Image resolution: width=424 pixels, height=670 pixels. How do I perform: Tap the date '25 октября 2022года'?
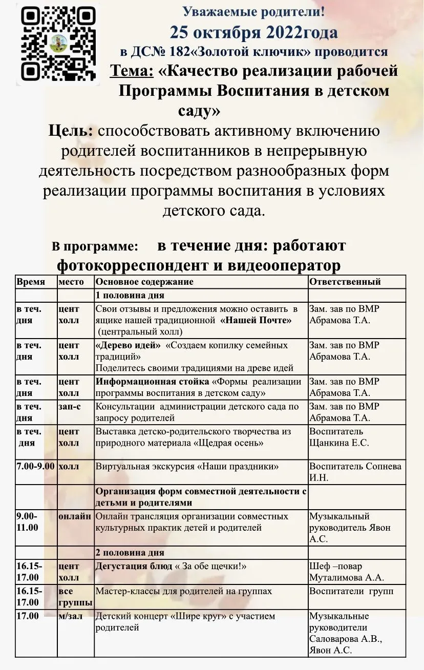click(x=254, y=32)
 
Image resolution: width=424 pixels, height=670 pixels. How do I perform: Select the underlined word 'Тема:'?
click(x=132, y=70)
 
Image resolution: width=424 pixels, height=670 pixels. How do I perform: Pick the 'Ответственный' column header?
click(x=345, y=282)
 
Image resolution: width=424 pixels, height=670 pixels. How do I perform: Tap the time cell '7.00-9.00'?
click(x=36, y=467)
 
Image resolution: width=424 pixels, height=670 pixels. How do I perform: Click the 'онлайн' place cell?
click(x=75, y=516)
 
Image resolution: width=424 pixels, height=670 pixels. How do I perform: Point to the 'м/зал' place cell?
click(x=70, y=616)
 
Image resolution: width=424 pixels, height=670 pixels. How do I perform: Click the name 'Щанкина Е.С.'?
click(x=339, y=443)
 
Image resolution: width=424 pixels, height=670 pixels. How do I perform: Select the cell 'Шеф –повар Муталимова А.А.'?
click(x=346, y=572)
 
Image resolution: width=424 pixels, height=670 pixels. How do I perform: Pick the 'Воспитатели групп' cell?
click(x=351, y=591)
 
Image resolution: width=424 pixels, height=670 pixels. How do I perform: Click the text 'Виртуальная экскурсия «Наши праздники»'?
click(x=187, y=467)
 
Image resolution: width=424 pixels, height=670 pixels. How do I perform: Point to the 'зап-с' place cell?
click(x=69, y=406)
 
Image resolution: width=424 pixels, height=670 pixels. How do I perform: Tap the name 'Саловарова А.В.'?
click(x=346, y=640)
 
